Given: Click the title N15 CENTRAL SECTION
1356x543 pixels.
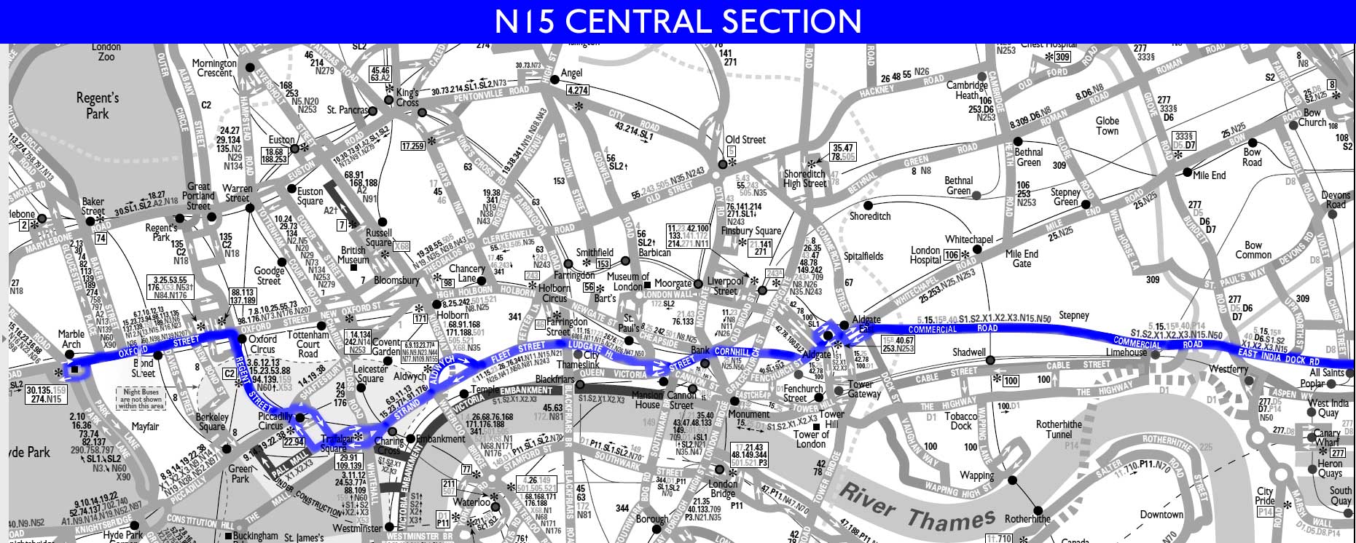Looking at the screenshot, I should click(x=678, y=21).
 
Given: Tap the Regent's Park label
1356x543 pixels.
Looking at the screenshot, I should click(x=97, y=106).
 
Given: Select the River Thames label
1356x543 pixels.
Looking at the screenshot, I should click(x=916, y=507).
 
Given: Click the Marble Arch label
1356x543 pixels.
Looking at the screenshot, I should click(x=71, y=339).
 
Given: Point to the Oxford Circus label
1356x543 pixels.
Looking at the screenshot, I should click(x=263, y=344).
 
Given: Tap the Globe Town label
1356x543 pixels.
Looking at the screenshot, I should click(x=1107, y=126).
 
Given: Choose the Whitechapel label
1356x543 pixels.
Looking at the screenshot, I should click(x=968, y=239).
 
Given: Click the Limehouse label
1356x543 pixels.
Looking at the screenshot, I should click(x=1126, y=352).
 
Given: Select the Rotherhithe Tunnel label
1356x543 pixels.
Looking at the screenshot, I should click(x=1059, y=429).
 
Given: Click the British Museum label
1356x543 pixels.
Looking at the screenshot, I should click(x=353, y=255).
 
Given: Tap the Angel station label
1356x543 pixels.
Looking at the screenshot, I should click(x=571, y=74).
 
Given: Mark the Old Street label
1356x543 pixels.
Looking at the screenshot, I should click(x=745, y=140).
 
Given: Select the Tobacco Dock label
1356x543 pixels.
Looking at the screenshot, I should click(x=961, y=421).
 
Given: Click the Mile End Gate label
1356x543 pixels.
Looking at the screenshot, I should click(x=1022, y=258).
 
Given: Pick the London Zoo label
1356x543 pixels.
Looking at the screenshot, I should click(x=106, y=52).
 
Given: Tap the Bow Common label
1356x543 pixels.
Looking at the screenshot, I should click(x=1253, y=250).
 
